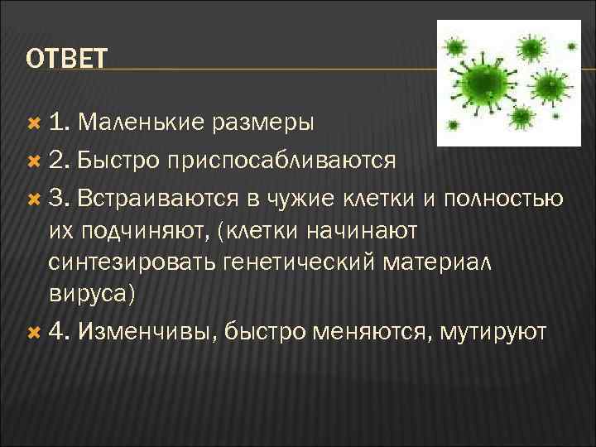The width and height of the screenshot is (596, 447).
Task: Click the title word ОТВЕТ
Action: [x=66, y=59]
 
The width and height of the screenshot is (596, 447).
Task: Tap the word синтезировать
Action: [x=132, y=263]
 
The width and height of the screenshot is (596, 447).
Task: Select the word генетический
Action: [x=303, y=263]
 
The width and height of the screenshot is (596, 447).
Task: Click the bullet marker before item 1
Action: [x=34, y=123]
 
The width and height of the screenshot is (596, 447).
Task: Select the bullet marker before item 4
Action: [x=34, y=332]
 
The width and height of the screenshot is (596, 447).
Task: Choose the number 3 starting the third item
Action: [x=55, y=199]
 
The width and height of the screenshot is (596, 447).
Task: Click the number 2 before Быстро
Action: [x=55, y=160]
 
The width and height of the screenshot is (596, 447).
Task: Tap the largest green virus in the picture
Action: [x=483, y=81]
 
